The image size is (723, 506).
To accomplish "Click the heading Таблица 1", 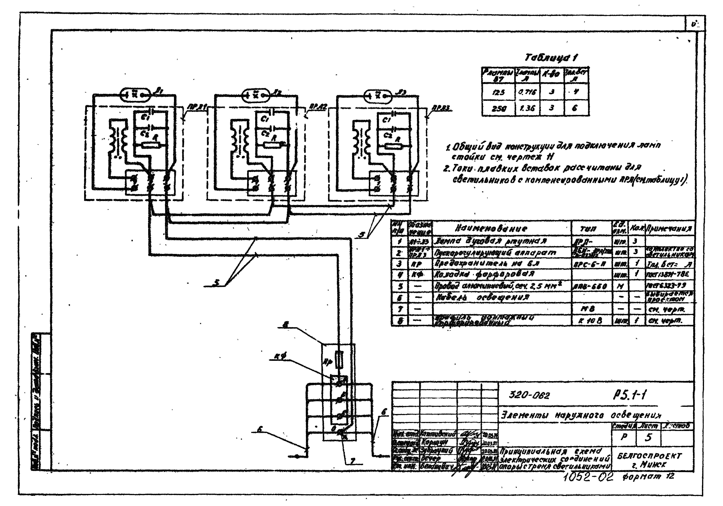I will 551,58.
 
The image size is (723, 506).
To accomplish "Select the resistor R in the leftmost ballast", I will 151,145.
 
